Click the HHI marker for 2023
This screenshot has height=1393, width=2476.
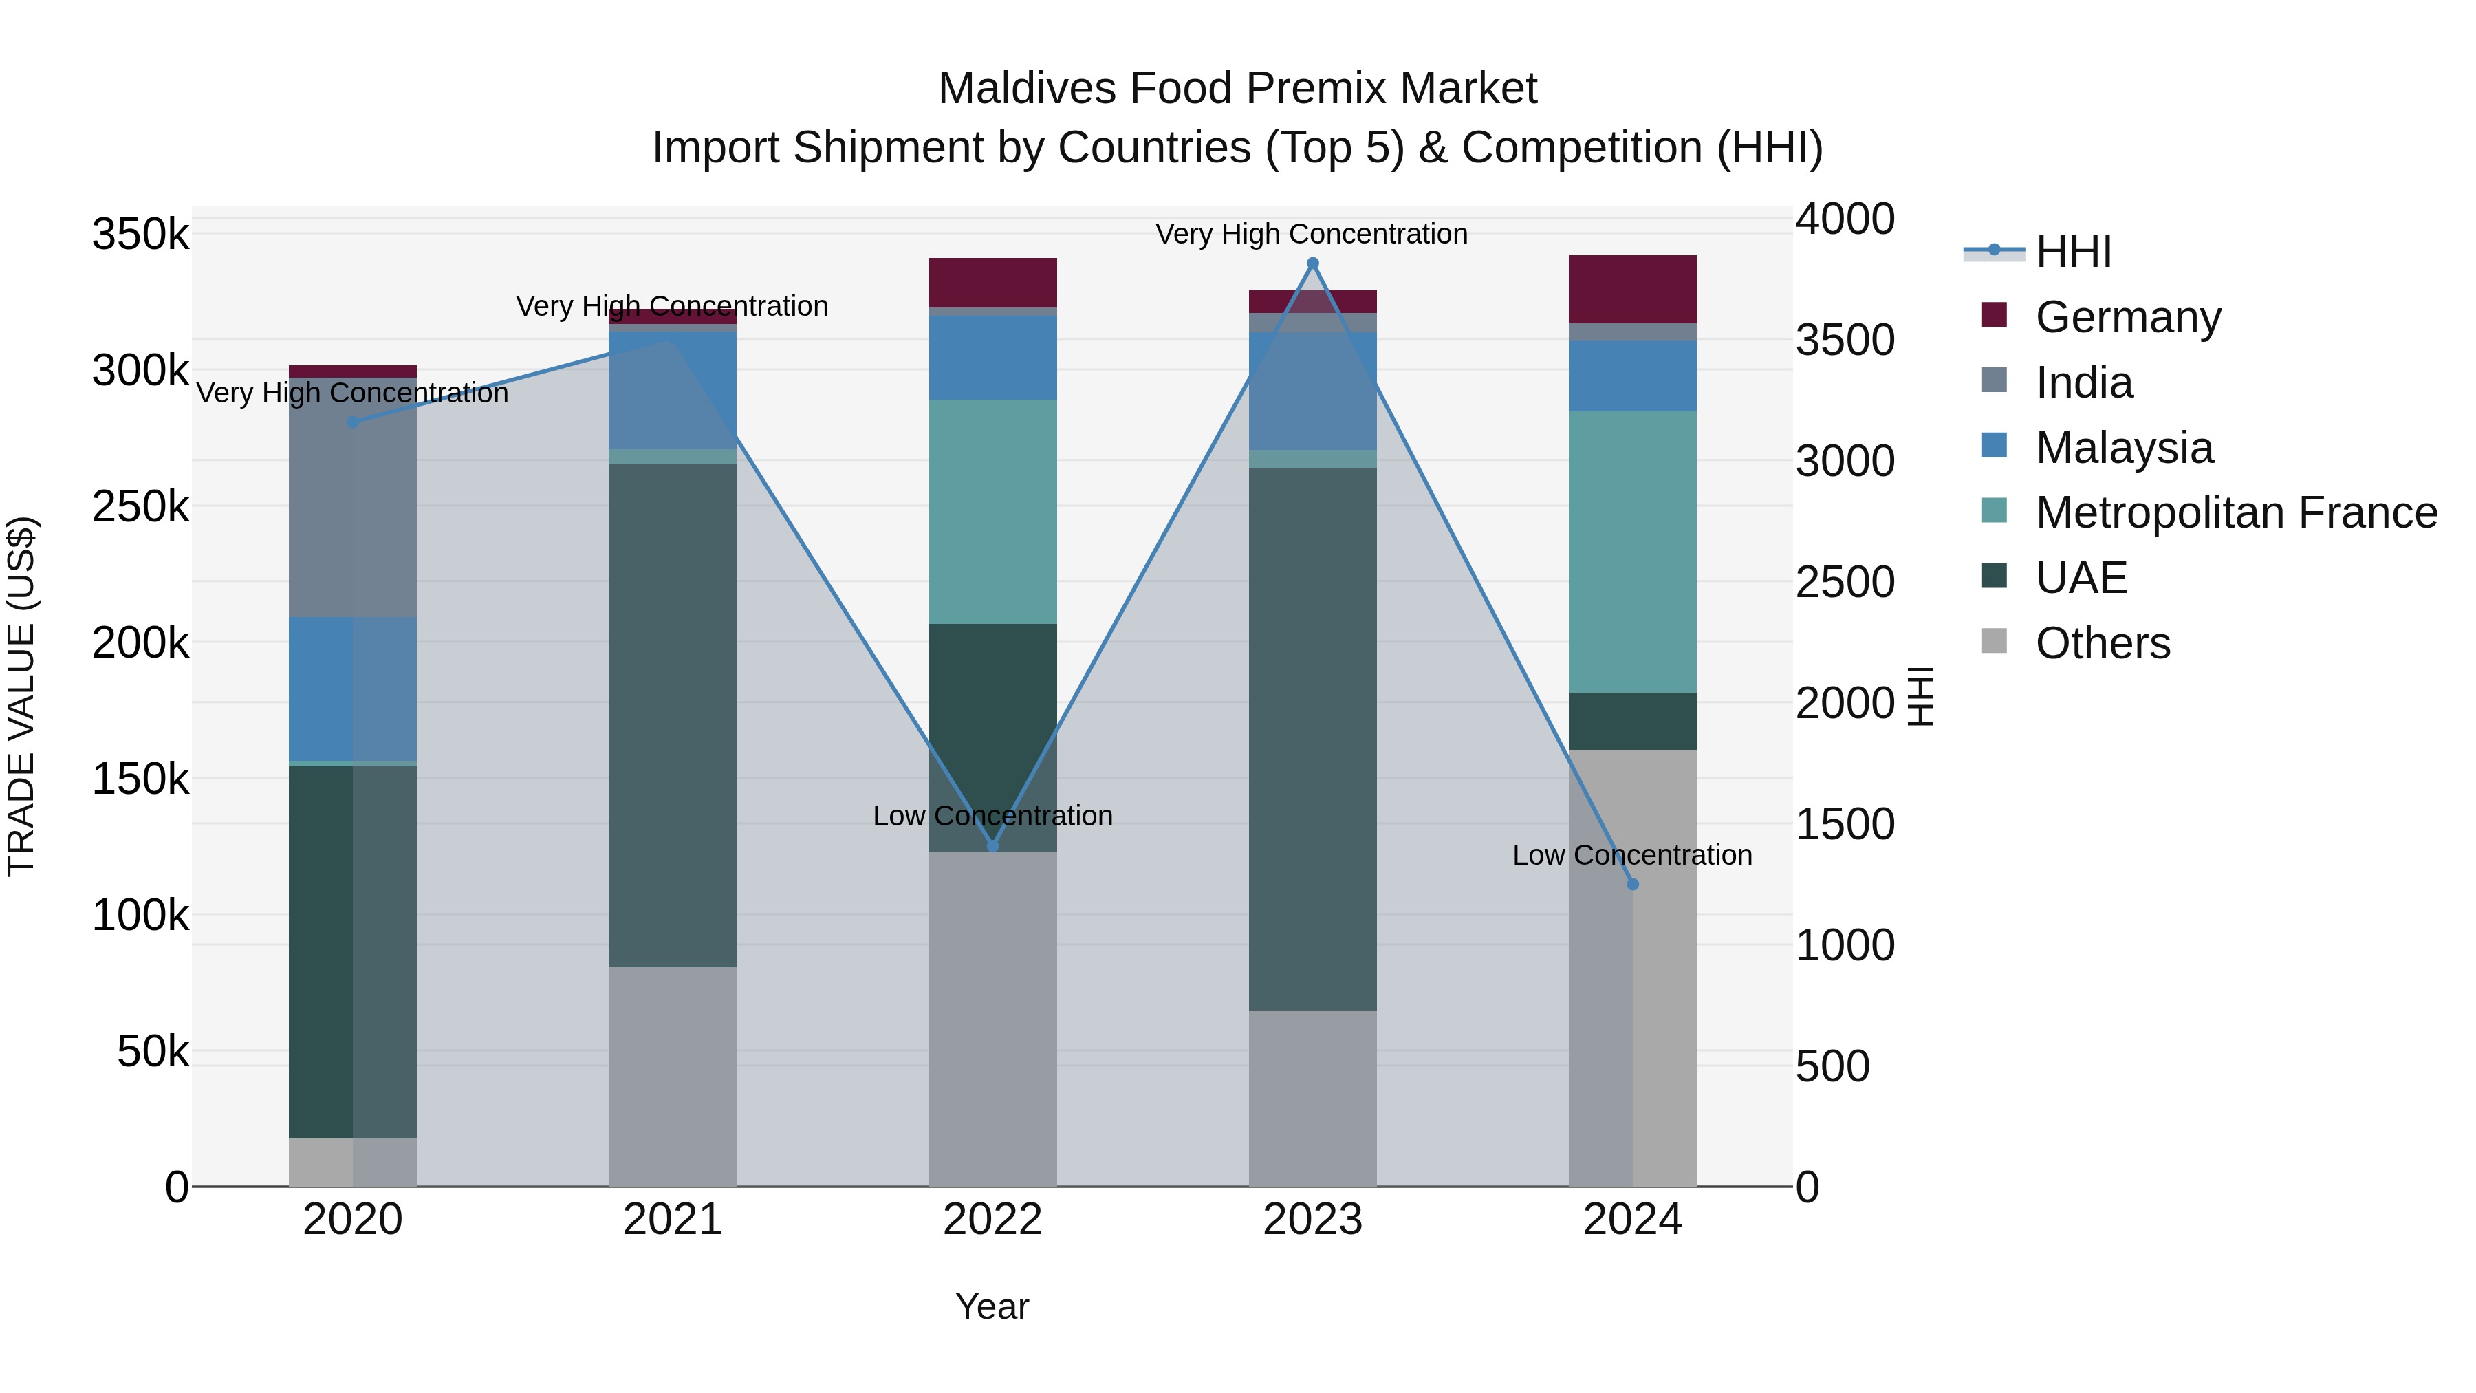(1312, 263)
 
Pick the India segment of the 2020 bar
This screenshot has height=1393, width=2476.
(353, 497)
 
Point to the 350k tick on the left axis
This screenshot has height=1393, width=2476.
(140, 234)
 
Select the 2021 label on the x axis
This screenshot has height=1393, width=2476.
(672, 1220)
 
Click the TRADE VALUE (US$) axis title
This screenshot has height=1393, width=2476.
(21, 696)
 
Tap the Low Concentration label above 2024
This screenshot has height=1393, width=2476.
(1631, 854)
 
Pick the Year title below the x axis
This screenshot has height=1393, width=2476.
(992, 1306)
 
